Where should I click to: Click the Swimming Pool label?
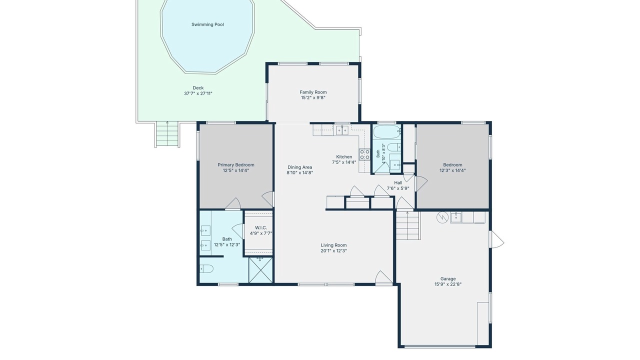207,24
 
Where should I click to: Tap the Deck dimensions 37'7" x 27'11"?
198,93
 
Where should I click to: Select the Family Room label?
313,92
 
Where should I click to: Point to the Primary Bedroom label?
236,165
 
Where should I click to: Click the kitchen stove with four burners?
364,154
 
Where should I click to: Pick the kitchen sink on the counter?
342,130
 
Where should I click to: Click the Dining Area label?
299,167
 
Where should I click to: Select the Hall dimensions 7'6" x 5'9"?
398,188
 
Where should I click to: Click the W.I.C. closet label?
261,227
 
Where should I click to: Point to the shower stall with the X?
260,270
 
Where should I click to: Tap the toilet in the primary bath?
206,268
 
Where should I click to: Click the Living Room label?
333,245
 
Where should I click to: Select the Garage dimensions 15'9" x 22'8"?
448,284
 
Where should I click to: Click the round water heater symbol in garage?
442,217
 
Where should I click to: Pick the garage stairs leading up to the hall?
408,225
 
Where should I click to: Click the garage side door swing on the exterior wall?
497,239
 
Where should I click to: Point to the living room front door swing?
383,277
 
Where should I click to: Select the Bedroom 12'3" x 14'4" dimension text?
452,170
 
